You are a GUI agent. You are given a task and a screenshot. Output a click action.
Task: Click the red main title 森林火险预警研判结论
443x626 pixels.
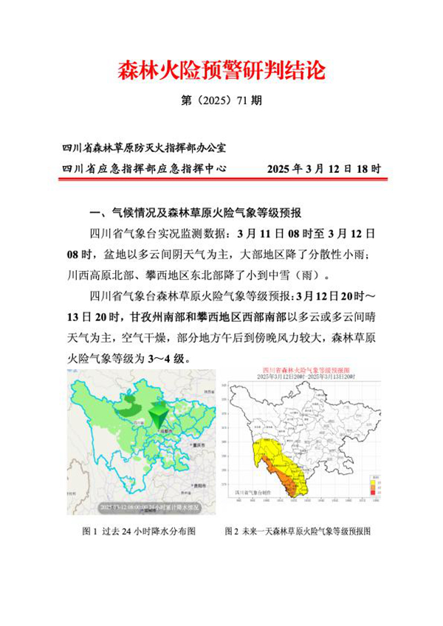[221, 72]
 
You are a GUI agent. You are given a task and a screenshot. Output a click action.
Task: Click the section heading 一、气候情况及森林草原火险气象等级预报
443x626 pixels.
[195, 213]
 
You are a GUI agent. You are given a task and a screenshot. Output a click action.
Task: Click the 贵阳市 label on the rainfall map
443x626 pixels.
[196, 485]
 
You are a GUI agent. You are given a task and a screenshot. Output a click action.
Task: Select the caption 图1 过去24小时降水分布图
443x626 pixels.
[139, 531]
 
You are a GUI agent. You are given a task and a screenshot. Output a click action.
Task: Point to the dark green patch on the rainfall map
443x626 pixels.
[127, 405]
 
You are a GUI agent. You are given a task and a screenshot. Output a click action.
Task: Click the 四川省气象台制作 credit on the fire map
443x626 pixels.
[253, 490]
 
